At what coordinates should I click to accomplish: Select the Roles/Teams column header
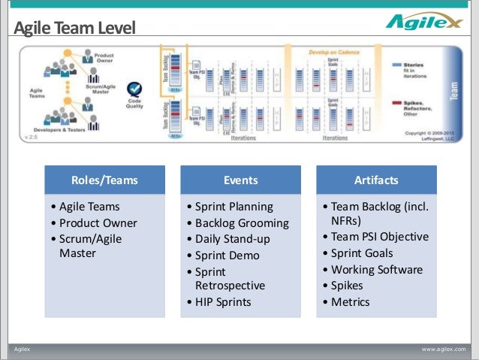point(104,180)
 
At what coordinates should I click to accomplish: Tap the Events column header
point(240,180)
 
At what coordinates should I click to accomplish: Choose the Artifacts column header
point(376,180)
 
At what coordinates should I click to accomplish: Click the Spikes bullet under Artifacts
point(347,286)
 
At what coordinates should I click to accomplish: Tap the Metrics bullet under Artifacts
point(350,302)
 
